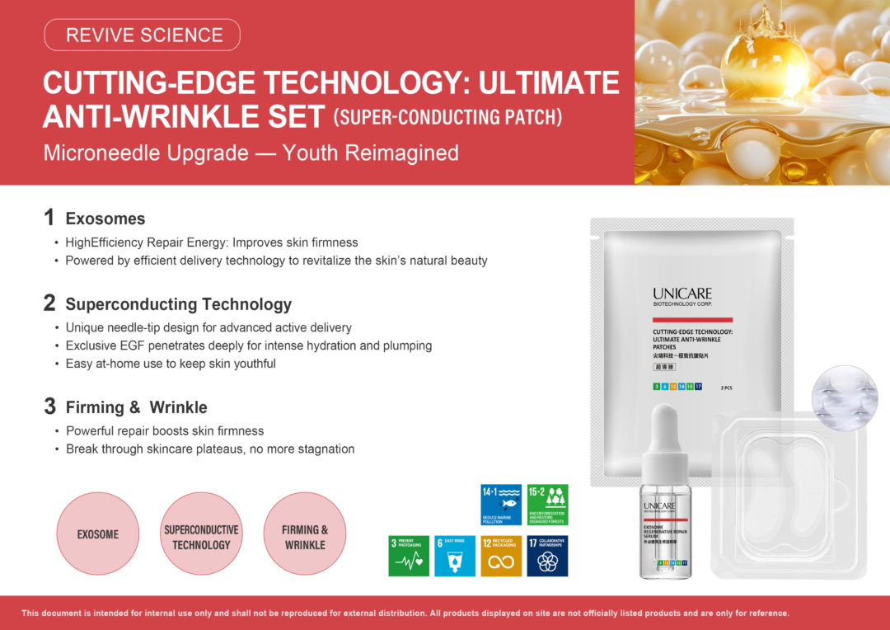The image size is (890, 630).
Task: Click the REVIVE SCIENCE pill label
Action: pos(143,35)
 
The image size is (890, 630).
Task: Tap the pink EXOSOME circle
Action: pos(98,534)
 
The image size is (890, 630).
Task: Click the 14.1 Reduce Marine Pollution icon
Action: pos(501,505)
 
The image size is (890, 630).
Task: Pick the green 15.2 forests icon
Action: pos(547,505)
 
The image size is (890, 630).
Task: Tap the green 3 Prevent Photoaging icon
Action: pos(409,555)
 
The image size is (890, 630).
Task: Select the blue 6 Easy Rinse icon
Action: pos(455,555)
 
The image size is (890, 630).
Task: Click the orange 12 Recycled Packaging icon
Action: pos(501,555)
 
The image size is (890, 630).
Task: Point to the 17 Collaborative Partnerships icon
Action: pos(547,555)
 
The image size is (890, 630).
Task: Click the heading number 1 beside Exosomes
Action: pos(49,218)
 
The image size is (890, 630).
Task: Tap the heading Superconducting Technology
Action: pos(178,304)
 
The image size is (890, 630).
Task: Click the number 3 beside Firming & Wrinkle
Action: pos(49,407)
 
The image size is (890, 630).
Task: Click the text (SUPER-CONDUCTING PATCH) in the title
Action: pos(447,118)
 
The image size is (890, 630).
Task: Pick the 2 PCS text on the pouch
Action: pos(726,386)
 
